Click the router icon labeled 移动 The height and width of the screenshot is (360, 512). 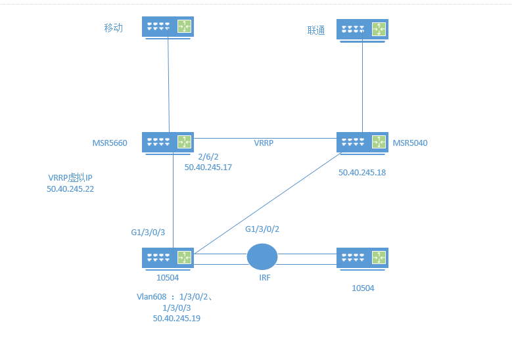coord(168,28)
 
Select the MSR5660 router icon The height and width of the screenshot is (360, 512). coord(168,143)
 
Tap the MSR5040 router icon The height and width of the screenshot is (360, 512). coord(362,143)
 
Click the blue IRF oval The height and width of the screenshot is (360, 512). coord(262,257)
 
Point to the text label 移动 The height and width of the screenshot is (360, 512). coord(114,28)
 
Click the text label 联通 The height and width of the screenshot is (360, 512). coord(316,31)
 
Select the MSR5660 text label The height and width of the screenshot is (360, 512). coord(110,143)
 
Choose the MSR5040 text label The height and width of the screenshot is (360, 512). coord(411,143)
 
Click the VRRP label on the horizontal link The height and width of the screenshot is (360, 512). coord(265,143)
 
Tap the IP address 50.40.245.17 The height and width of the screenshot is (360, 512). coord(208,168)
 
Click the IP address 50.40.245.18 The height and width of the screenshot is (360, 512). coord(362,173)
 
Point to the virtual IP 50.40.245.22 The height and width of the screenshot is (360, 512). coord(70,189)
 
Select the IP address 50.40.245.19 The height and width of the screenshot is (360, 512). coord(176,318)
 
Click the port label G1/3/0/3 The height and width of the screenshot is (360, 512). coord(149,233)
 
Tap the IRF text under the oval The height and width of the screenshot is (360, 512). coord(265,279)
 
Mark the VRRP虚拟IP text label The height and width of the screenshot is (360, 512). coord(70,178)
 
